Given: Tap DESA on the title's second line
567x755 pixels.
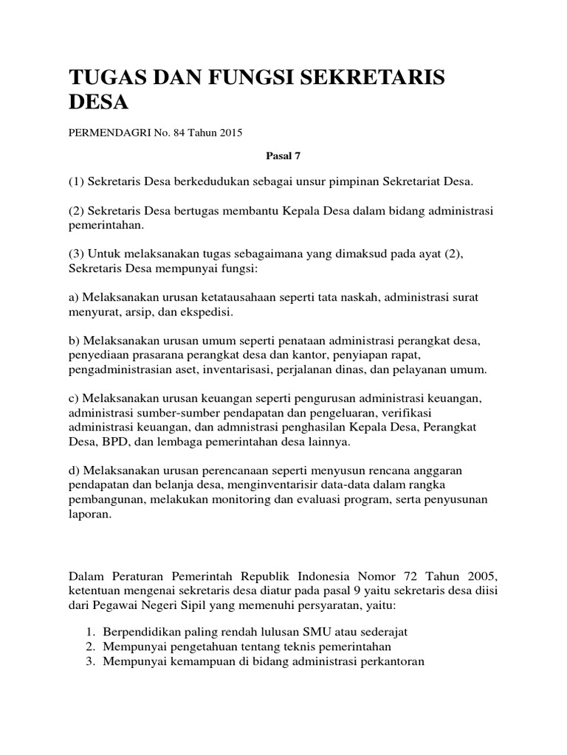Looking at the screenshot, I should pos(98,102).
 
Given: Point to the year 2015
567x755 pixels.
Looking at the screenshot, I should pos(228,133).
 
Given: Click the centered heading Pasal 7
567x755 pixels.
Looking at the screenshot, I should pos(283,156).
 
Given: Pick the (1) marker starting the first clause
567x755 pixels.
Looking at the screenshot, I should pos(76,181).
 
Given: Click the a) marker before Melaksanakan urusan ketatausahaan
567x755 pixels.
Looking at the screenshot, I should pos(74,297).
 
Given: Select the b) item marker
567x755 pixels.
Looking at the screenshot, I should pos(74,340).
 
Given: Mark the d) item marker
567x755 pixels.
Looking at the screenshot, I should pos(74,470).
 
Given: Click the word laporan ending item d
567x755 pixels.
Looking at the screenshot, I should pos(89,514).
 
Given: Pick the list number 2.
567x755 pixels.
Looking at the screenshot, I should pos(89,647).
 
